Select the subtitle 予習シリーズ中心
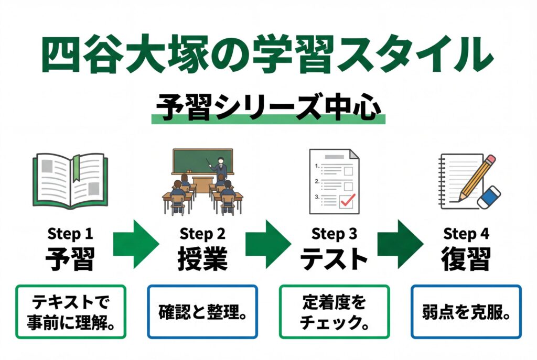click(268, 108)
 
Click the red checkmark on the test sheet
click(347, 200)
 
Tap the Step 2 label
click(202, 233)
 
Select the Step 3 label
click(334, 233)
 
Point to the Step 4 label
click(466, 233)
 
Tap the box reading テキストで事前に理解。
click(71, 311)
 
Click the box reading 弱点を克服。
click(466, 311)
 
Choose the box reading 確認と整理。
click(202, 311)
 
